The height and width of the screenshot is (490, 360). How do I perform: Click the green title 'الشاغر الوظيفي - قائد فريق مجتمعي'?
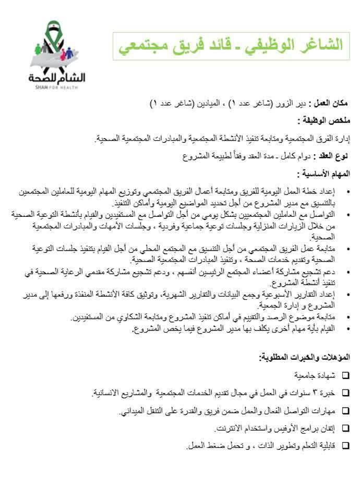point(231,45)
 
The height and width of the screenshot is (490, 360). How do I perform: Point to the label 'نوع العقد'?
point(333,156)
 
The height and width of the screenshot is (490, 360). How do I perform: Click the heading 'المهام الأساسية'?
point(324,174)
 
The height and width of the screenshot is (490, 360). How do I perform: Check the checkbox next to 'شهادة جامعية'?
point(346,375)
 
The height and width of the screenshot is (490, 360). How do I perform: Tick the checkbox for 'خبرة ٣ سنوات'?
point(346,393)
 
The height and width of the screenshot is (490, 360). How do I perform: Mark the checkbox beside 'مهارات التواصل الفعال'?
point(346,410)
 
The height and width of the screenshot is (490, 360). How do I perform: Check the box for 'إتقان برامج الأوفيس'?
point(346,428)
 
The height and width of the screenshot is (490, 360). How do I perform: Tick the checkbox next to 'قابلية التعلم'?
point(346,446)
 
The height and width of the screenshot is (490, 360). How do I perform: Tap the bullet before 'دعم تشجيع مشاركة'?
point(347,272)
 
